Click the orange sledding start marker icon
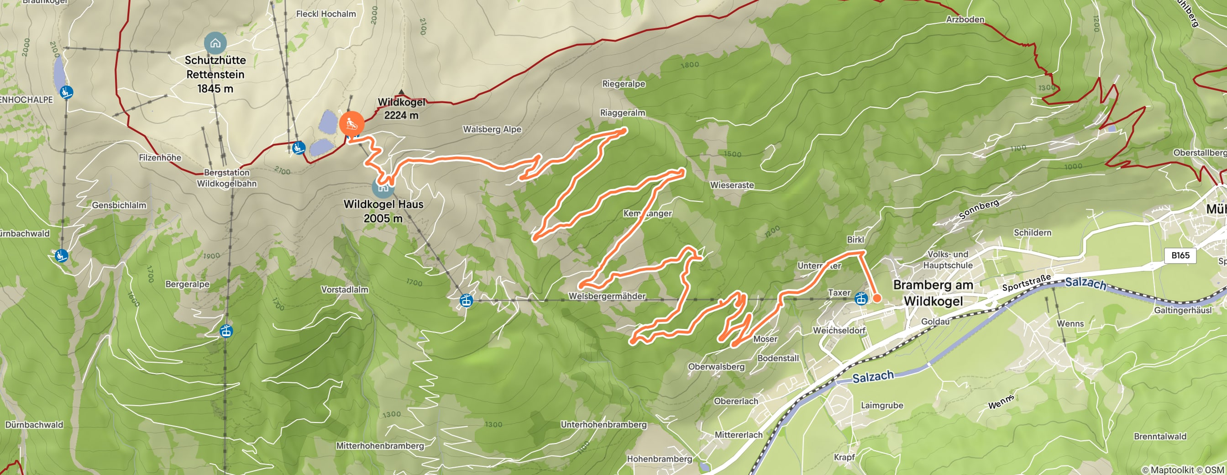[x=351, y=123]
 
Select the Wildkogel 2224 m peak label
[x=401, y=109]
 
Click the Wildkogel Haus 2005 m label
[x=383, y=211]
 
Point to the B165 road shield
[x=1180, y=255]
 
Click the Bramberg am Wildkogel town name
[x=933, y=292]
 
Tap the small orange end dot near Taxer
[x=877, y=298]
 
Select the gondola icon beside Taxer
[x=861, y=299]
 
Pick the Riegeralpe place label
[x=623, y=84]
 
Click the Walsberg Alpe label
[x=492, y=129]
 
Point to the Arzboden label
[x=965, y=20]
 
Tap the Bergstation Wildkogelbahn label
[x=227, y=178]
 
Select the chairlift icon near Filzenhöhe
[x=299, y=148]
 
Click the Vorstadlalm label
[x=344, y=290]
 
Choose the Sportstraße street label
[x=1026, y=283]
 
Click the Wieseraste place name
[x=732, y=185]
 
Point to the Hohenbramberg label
[x=659, y=459]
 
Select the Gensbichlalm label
[x=119, y=206]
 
